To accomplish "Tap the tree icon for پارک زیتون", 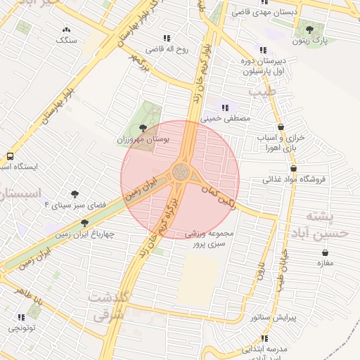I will pyautogui.click(x=309, y=30).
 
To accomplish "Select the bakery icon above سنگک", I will pyautogui.click(x=67, y=30).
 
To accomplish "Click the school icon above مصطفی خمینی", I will pyautogui.click(x=225, y=108).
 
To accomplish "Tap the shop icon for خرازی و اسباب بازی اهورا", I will pyautogui.click(x=281, y=127).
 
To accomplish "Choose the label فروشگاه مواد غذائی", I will pyautogui.click(x=295, y=179).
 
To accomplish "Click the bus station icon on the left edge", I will pyautogui.click(x=10, y=156).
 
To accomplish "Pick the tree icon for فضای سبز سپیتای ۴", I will pyautogui.click(x=73, y=193).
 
